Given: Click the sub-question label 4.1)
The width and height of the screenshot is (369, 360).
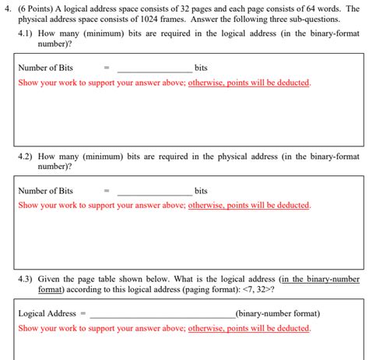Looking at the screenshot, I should [x=26, y=34].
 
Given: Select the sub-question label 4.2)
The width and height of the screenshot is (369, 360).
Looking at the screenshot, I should [x=26, y=156].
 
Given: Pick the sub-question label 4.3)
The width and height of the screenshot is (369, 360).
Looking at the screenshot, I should [x=26, y=278].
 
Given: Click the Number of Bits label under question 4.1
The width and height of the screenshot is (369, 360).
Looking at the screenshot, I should [x=45, y=68].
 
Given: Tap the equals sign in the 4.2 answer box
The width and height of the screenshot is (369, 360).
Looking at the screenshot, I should [x=107, y=191].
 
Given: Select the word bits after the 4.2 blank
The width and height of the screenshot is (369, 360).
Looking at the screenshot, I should [x=201, y=191].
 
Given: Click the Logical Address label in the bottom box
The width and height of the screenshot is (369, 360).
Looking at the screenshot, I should [x=47, y=313].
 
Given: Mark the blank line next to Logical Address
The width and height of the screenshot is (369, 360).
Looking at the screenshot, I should [x=162, y=316].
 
